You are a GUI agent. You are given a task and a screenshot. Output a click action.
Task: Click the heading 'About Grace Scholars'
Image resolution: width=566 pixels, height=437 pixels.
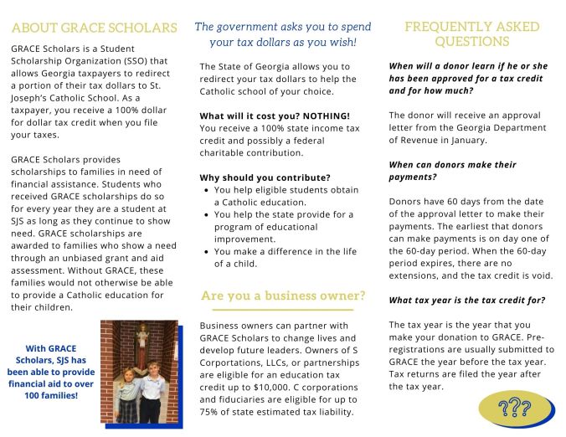pos(95,28)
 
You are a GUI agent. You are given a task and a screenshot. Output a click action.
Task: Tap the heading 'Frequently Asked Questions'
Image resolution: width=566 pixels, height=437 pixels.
pos(471,33)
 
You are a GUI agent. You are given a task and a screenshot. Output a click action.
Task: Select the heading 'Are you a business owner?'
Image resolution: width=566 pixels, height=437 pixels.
pos(283,296)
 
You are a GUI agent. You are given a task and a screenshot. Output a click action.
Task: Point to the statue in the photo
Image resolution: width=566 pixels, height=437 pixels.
pos(142,340)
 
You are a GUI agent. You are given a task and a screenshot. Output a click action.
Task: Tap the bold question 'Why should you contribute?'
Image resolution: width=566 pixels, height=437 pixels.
pos(265,177)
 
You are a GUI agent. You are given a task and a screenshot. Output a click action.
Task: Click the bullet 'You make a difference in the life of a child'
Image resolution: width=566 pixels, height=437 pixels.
pos(284,257)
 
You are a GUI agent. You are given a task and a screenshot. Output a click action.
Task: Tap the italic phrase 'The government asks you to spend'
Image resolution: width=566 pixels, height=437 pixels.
pos(282,27)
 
